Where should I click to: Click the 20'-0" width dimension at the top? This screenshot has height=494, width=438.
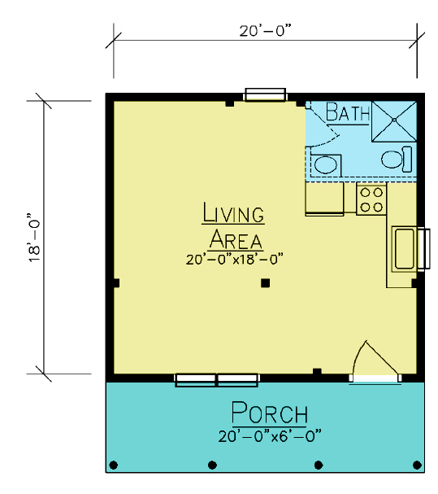pos(265,31)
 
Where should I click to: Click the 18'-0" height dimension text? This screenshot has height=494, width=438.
pos(34,238)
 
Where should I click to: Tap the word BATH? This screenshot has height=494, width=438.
pos(348,111)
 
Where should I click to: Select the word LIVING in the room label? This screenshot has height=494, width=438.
pos(233,212)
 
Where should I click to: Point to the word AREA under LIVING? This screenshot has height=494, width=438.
pos(236,239)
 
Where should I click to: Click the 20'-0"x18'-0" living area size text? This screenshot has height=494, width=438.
pos(234,260)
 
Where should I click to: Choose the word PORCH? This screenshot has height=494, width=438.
pos(270,413)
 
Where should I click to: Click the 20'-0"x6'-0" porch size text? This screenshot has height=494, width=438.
pos(270,436)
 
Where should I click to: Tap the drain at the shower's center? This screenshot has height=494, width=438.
pos(394,120)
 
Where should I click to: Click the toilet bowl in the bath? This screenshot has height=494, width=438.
pos(392,160)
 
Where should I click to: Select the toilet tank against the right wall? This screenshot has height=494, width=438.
pos(407,160)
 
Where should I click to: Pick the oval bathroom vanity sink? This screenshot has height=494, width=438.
pos(326,164)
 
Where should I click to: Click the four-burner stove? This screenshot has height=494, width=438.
pos(371,199)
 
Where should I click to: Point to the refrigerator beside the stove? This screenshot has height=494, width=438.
pos(324,199)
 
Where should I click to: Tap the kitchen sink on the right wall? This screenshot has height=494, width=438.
pos(404,248)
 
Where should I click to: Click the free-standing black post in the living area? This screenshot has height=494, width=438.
pos(265,283)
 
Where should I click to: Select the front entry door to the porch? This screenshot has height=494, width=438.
pos(375,362)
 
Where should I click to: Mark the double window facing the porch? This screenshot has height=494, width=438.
pos(216,379)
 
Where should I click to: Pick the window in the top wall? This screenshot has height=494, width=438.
pos(265,95)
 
